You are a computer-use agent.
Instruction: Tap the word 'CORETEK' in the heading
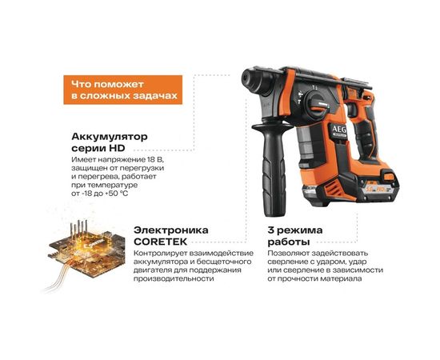pos(159,241)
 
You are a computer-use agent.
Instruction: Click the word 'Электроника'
pos(171,230)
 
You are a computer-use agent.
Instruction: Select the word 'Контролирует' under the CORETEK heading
pos(158,254)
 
